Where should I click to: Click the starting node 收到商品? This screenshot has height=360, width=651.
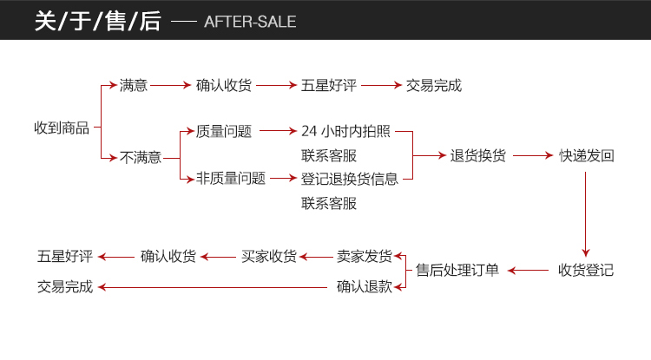(x=62, y=128)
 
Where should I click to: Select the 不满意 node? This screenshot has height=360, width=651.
(x=141, y=157)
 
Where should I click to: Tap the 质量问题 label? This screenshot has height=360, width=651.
(x=224, y=132)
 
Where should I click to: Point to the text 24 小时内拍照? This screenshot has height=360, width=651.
(x=345, y=132)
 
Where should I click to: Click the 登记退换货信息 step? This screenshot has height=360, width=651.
(x=350, y=179)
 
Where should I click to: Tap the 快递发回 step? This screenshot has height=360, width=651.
(x=587, y=156)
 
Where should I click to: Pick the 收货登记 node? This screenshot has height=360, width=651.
(x=586, y=270)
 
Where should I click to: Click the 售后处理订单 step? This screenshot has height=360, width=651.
(x=457, y=270)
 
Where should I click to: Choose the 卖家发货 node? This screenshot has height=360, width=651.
(x=365, y=256)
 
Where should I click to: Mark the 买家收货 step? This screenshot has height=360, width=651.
(x=268, y=256)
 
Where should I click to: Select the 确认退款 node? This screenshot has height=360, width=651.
(x=365, y=286)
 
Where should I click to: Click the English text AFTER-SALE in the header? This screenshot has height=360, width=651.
(x=250, y=22)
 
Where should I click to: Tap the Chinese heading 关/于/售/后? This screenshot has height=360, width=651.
(x=98, y=22)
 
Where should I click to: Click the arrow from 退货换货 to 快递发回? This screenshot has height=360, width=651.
(x=532, y=156)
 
